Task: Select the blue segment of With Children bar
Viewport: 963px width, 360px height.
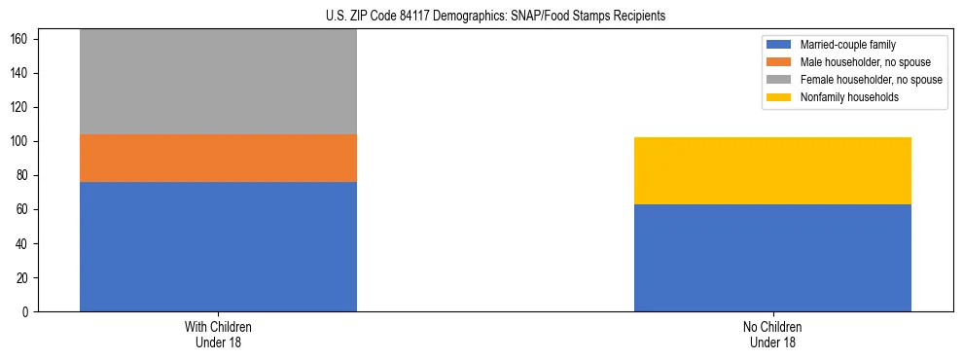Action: tap(218, 246)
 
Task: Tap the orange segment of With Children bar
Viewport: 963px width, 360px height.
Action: tap(218, 158)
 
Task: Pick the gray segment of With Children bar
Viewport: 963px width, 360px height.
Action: tap(218, 82)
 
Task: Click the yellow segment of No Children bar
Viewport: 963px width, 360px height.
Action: tap(772, 170)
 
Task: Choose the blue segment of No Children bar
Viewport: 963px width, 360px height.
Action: tap(772, 258)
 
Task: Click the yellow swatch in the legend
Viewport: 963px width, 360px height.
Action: tap(779, 97)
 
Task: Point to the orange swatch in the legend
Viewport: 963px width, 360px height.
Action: tap(779, 62)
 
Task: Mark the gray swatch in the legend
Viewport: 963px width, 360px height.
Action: tap(779, 80)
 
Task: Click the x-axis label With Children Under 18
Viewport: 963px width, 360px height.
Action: tap(218, 335)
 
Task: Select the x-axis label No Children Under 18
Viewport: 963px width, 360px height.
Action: tap(772, 335)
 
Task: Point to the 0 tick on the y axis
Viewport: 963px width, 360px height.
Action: tap(27, 312)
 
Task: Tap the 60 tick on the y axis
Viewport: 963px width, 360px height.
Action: tap(24, 210)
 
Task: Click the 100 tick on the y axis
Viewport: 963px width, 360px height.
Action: tap(21, 142)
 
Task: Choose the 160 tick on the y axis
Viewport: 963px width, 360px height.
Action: tap(21, 40)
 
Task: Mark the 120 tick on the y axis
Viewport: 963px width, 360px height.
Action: tap(21, 108)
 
